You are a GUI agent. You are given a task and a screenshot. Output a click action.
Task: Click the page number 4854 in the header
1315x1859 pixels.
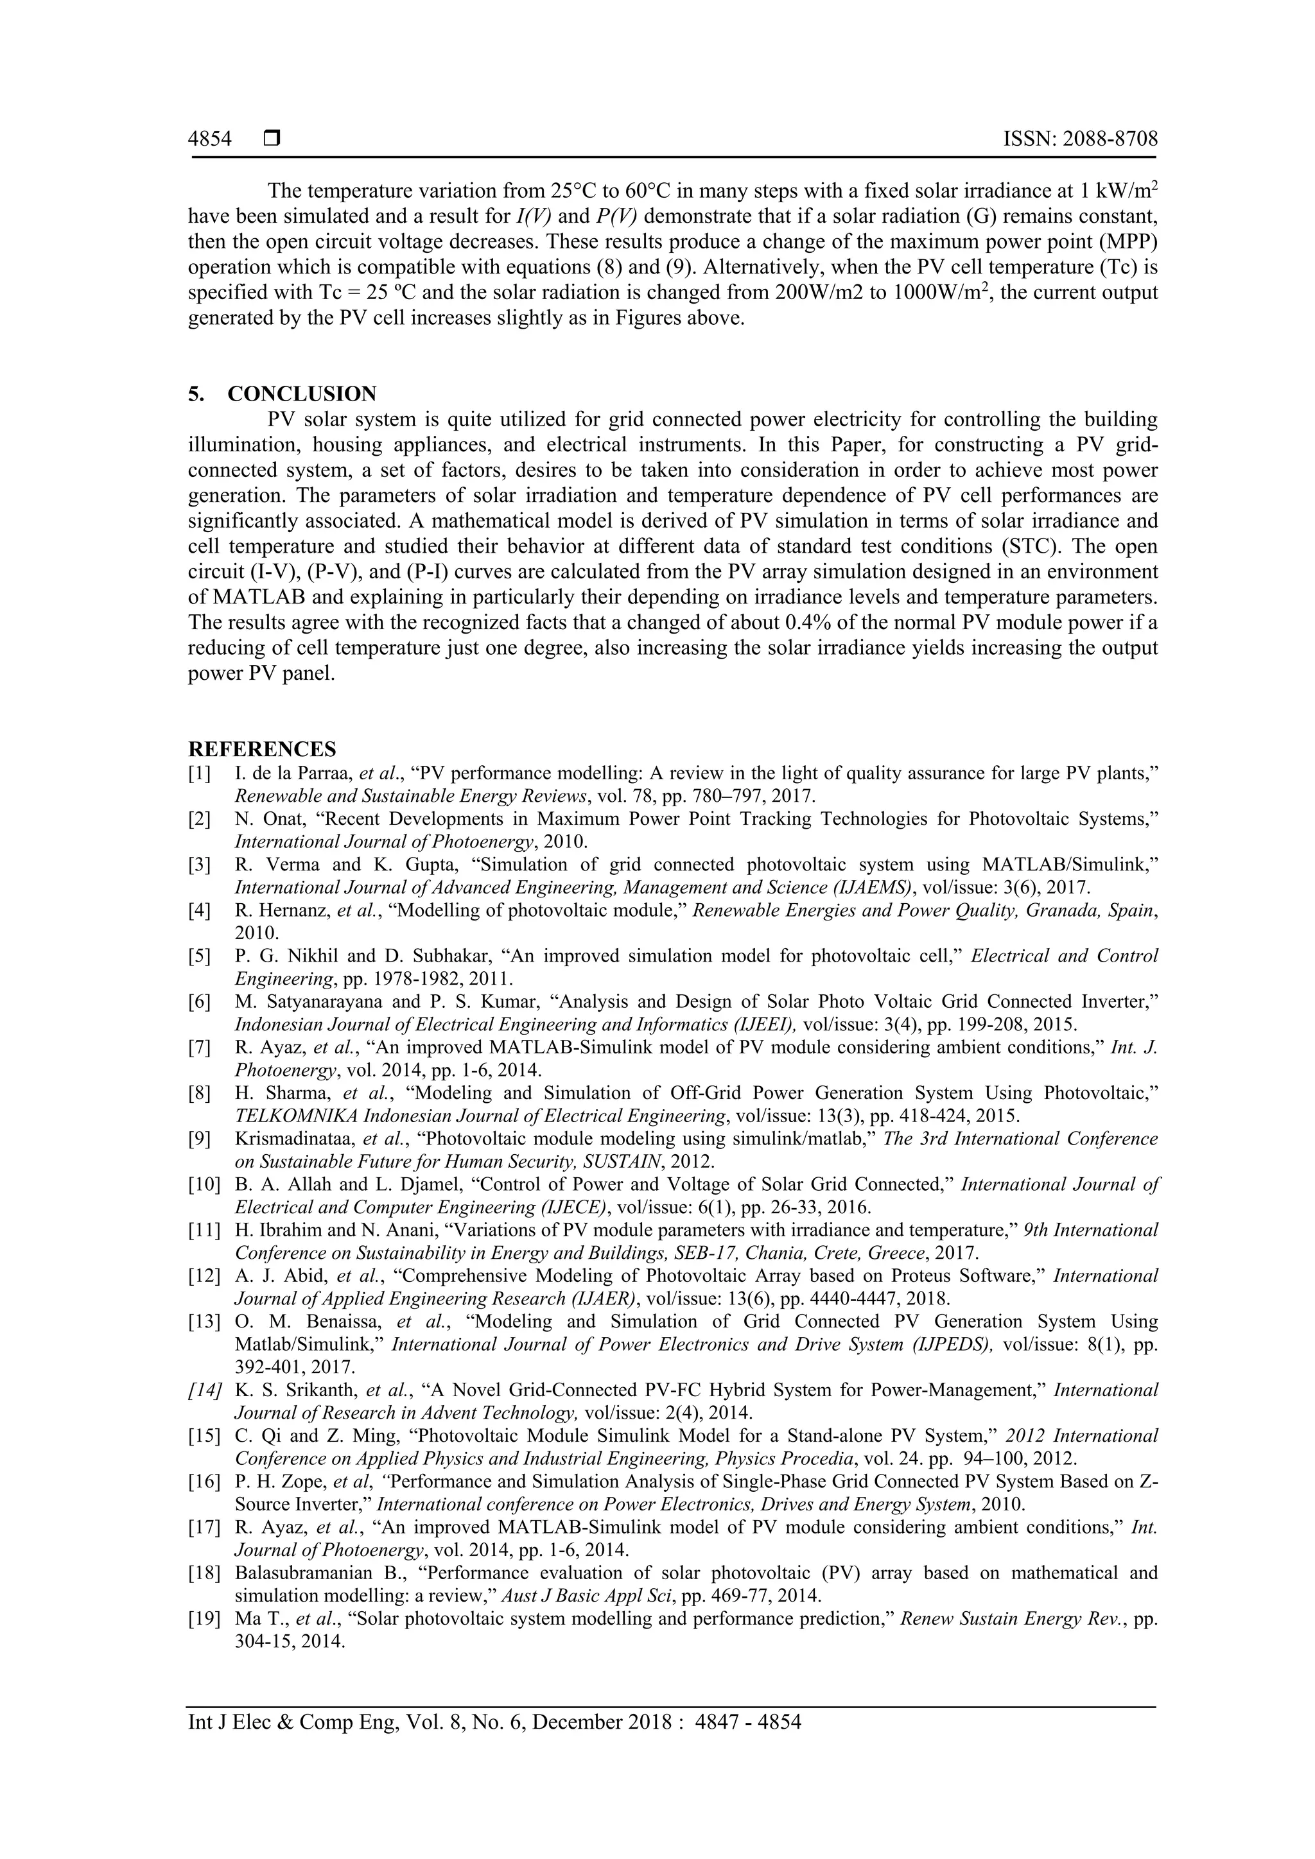(x=210, y=139)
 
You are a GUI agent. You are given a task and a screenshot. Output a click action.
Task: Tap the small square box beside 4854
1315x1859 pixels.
(x=271, y=139)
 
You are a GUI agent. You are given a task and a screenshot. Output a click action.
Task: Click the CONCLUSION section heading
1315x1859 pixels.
(x=301, y=394)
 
